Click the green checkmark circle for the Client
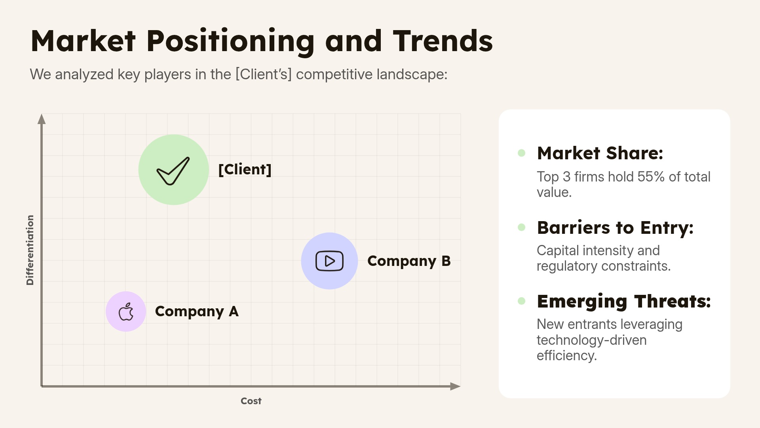pos(173,170)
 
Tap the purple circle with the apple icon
pos(126,311)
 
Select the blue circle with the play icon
pos(329,261)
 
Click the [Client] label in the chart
pos(245,170)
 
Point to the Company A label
pos(197,311)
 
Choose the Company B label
pos(409,261)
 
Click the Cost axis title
pos(251,401)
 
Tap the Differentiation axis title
pos(30,250)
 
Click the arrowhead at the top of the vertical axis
pos(42,119)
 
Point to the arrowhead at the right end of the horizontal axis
pos(455,386)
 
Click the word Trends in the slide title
pos(443,41)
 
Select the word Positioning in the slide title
pos(230,41)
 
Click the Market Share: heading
pos(600,153)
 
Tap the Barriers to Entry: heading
pos(615,228)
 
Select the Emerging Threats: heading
pos(624,302)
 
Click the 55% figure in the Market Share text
pos(651,177)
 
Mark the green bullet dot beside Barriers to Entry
pos(522,227)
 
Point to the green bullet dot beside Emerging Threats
pos(522,301)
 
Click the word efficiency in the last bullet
pos(566,356)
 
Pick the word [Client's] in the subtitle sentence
pos(263,75)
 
